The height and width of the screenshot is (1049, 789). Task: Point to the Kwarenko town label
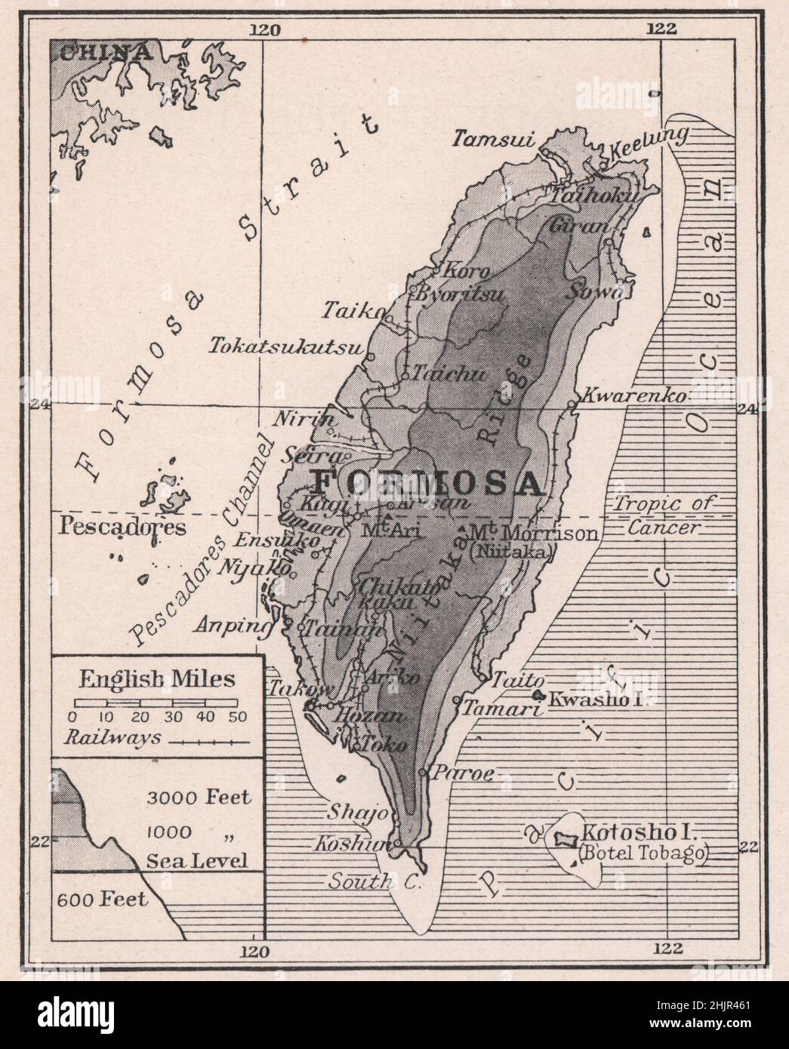pos(634,395)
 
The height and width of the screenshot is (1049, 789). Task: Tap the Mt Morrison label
pos(533,534)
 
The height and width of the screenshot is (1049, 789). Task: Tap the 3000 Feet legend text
pos(199,797)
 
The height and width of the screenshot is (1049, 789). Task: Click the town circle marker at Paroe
pos(423,772)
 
